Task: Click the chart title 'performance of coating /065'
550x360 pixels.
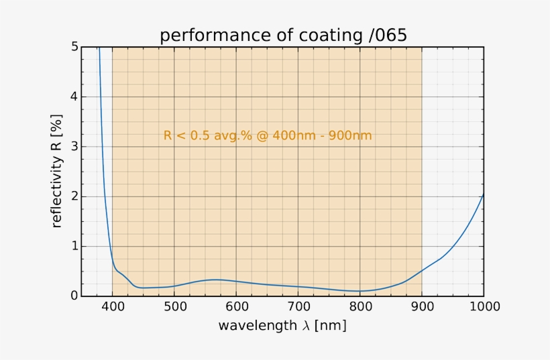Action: coord(282,36)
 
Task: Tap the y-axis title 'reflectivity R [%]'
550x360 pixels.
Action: coord(57,172)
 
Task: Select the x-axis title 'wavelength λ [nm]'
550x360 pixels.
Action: coord(282,326)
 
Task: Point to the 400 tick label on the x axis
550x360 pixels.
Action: coord(113,308)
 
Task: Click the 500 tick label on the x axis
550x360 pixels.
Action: coord(174,308)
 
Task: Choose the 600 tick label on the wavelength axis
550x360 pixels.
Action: coord(236,308)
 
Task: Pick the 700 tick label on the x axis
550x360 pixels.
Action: coord(298,308)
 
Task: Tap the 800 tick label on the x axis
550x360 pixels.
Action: coord(360,308)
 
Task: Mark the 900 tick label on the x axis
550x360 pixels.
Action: coord(422,308)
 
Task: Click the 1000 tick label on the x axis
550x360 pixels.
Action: coord(484,308)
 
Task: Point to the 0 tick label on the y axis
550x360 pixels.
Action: coord(74,296)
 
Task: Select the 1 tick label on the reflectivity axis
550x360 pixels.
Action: coord(74,246)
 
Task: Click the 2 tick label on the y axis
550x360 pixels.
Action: coord(74,196)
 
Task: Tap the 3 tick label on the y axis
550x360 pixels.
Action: coord(74,146)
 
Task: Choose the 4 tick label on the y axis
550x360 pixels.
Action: coord(74,97)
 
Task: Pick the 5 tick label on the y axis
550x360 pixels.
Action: coord(74,47)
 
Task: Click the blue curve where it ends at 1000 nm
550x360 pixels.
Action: coord(483,194)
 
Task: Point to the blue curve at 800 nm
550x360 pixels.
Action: coord(360,291)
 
